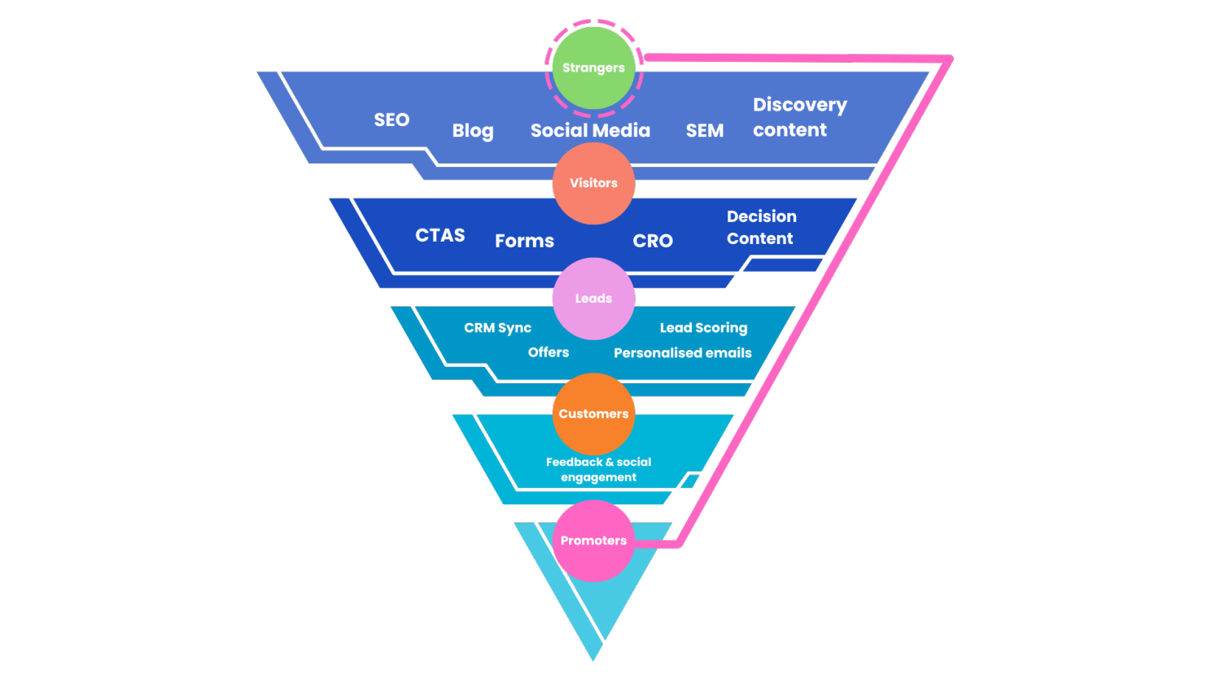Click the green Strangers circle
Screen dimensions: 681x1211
[593, 68]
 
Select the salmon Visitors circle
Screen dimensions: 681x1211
[593, 183]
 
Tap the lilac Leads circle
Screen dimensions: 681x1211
[593, 299]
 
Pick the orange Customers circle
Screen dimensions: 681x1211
[593, 414]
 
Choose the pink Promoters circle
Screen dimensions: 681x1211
[593, 540]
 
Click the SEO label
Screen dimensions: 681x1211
[391, 120]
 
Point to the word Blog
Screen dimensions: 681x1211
[473, 131]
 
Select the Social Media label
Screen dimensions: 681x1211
[590, 130]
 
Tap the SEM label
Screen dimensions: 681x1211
[704, 130]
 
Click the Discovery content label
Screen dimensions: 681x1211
[799, 117]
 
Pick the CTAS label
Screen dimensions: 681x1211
[440, 235]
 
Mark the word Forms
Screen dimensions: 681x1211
[524, 241]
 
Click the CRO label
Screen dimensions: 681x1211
[653, 241]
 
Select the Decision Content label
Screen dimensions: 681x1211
[761, 227]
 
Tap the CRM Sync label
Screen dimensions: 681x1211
[497, 328]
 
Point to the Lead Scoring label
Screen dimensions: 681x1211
[703, 328]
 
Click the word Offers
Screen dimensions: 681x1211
[549, 352]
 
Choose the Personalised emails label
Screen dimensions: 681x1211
[682, 353]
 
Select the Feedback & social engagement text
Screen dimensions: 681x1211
[598, 469]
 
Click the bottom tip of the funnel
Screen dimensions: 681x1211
[593, 657]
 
